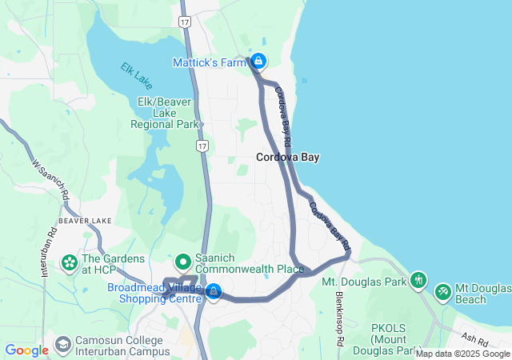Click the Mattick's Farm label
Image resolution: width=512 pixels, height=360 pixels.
tap(209, 62)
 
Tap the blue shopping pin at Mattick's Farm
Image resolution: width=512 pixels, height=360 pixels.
tap(258, 61)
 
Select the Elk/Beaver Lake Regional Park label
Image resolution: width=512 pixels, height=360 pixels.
tap(166, 114)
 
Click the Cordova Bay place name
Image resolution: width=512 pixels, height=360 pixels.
tap(288, 158)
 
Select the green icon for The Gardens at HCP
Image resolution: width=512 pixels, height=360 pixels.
tap(70, 262)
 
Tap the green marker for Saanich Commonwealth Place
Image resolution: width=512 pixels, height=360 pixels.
tap(182, 261)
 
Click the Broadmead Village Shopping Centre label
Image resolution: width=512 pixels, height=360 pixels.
tap(154, 293)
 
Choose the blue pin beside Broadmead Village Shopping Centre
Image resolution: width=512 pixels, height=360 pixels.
tap(213, 292)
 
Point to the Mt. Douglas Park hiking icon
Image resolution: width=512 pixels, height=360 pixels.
tap(418, 280)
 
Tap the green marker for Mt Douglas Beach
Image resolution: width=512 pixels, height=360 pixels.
tap(442, 292)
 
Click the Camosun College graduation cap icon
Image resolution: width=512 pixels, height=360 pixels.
tap(62, 345)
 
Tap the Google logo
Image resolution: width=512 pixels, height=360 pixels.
tap(26, 350)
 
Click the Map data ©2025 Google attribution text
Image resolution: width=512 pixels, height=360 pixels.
tap(462, 354)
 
